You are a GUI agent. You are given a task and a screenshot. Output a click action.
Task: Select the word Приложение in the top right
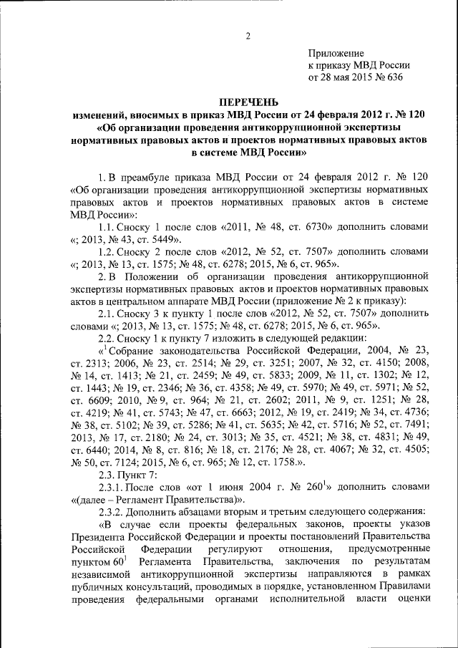[336, 54]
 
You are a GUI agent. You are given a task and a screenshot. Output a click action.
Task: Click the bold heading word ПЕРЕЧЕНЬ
[249, 102]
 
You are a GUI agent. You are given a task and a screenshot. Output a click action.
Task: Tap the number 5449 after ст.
[157, 238]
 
